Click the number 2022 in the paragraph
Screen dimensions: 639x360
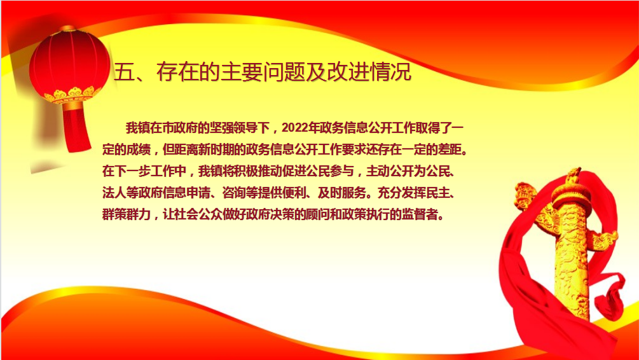click(294, 128)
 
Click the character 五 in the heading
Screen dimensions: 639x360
click(124, 72)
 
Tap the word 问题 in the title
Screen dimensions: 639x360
click(284, 72)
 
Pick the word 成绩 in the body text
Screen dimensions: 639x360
click(138, 149)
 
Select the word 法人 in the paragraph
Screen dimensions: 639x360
click(114, 193)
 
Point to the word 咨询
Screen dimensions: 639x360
click(234, 193)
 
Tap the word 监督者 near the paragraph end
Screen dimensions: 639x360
click(420, 214)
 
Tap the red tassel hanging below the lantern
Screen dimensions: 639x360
click(76, 128)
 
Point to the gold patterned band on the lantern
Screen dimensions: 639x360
click(72, 95)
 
